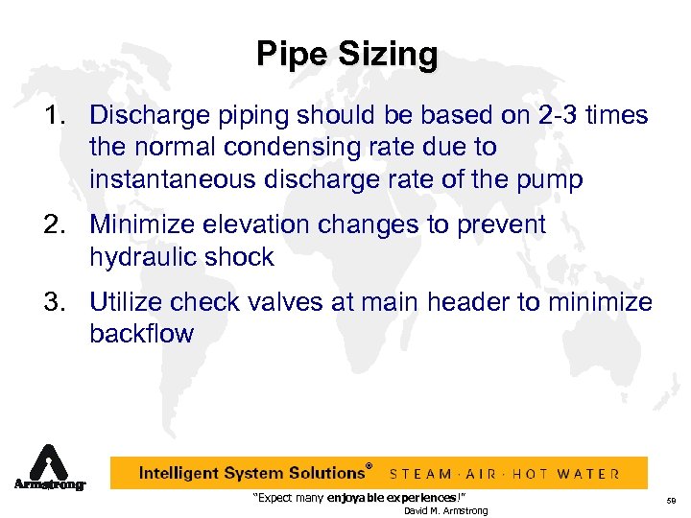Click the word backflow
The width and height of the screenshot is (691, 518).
coord(141,334)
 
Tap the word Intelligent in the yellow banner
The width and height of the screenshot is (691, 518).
coord(182,473)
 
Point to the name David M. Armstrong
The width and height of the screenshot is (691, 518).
coord(445,510)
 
